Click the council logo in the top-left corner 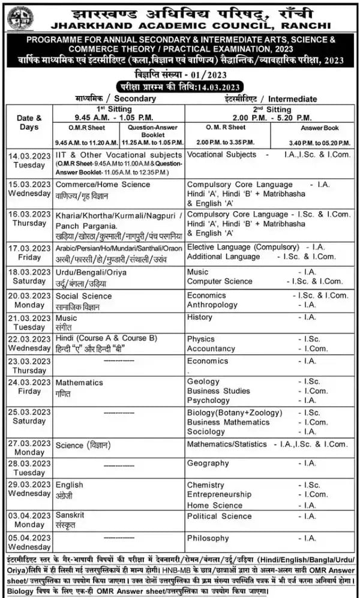coord(20,18)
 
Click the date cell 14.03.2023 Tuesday coord(29,159)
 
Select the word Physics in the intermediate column coord(200,339)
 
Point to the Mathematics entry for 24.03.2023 coord(79,382)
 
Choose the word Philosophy coord(208,538)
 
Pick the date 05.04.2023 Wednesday coord(29,542)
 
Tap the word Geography coord(208,463)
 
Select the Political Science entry coord(219,516)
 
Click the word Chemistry coord(205,485)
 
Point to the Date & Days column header coord(29,122)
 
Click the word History coord(199,317)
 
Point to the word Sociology coord(206,431)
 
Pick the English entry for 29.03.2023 coord(70,485)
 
